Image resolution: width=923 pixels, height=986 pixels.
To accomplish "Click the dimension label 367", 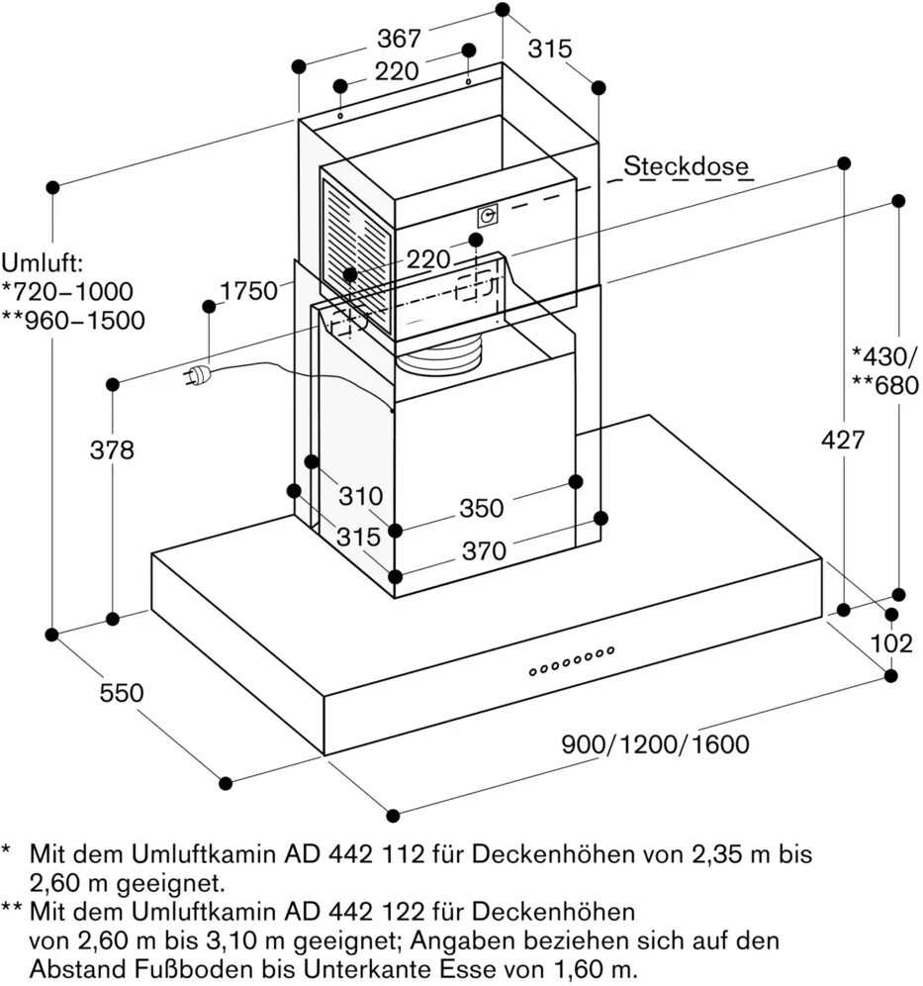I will click(400, 40).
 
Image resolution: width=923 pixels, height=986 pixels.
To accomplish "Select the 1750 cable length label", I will click(247, 291).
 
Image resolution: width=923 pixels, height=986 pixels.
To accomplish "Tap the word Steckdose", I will click(686, 166).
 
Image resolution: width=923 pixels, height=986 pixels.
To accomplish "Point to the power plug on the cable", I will click(197, 375).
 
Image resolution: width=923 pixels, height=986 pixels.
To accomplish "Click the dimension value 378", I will click(112, 450).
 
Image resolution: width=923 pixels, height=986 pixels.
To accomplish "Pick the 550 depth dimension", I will click(122, 693).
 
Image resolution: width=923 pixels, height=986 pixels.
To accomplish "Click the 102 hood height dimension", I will click(891, 643).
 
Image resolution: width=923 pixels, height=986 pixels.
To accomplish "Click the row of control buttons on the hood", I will click(572, 661).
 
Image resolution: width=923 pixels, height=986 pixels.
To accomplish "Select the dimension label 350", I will click(482, 509).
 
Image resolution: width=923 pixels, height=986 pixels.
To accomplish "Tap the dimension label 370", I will click(485, 551).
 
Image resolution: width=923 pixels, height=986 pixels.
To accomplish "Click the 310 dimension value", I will click(361, 495).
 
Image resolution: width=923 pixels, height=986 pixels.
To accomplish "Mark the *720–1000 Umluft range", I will click(66, 292).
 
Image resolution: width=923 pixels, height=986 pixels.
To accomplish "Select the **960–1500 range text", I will click(72, 321).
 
